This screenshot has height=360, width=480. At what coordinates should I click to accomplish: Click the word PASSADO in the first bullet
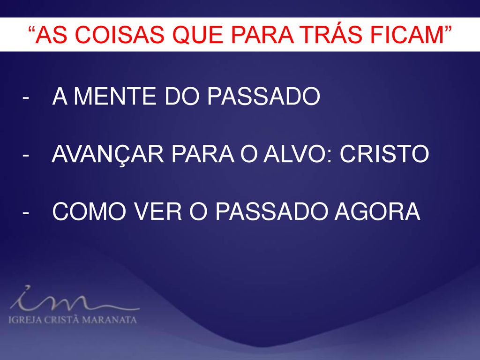pos(263,96)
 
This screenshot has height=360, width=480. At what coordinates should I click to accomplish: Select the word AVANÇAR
pos(108,154)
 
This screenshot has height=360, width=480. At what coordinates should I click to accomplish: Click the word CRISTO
pos(384,154)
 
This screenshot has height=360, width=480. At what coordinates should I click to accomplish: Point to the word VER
pos(158,211)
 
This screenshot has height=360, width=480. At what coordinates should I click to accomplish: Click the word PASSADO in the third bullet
pos(271,211)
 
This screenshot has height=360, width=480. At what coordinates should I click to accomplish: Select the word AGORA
pos(377,211)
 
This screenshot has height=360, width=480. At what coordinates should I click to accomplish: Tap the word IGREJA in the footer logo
pos(25,320)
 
